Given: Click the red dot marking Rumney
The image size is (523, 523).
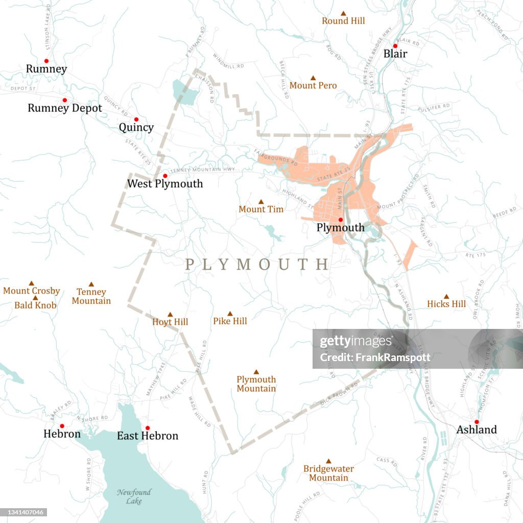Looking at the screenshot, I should coord(46,61).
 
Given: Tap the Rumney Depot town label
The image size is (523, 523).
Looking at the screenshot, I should coord(65,108).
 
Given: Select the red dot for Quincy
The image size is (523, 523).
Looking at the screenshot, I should coord(136,120).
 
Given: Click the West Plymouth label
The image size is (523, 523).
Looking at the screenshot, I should coord(165,184).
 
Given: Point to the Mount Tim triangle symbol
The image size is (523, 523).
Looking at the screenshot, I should coord(260,202).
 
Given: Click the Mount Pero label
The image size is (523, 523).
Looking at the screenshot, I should coord(313,86).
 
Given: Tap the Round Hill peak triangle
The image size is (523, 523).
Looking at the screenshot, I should coord(343,14).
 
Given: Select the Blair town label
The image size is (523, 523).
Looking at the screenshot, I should coord(395,54).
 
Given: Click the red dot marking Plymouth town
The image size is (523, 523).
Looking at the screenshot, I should coord(340,220).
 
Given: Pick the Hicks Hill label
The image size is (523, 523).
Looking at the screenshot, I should coord(446,304).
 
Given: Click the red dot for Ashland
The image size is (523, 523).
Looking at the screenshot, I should coord(476,422).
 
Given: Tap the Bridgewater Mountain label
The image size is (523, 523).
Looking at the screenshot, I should coord(328,473).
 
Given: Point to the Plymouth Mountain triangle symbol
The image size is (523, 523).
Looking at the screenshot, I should coord(256,372).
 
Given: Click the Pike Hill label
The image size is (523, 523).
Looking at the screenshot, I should coord(230,321).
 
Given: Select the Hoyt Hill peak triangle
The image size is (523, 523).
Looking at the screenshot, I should coord(170,315).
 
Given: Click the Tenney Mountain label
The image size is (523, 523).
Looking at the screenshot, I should coord(91,296).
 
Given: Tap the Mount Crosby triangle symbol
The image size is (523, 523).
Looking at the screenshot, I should coord(31,283).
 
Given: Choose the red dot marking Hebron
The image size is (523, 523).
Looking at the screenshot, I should coord(62,426).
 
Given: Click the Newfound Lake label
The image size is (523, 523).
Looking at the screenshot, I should coord(134,496).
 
